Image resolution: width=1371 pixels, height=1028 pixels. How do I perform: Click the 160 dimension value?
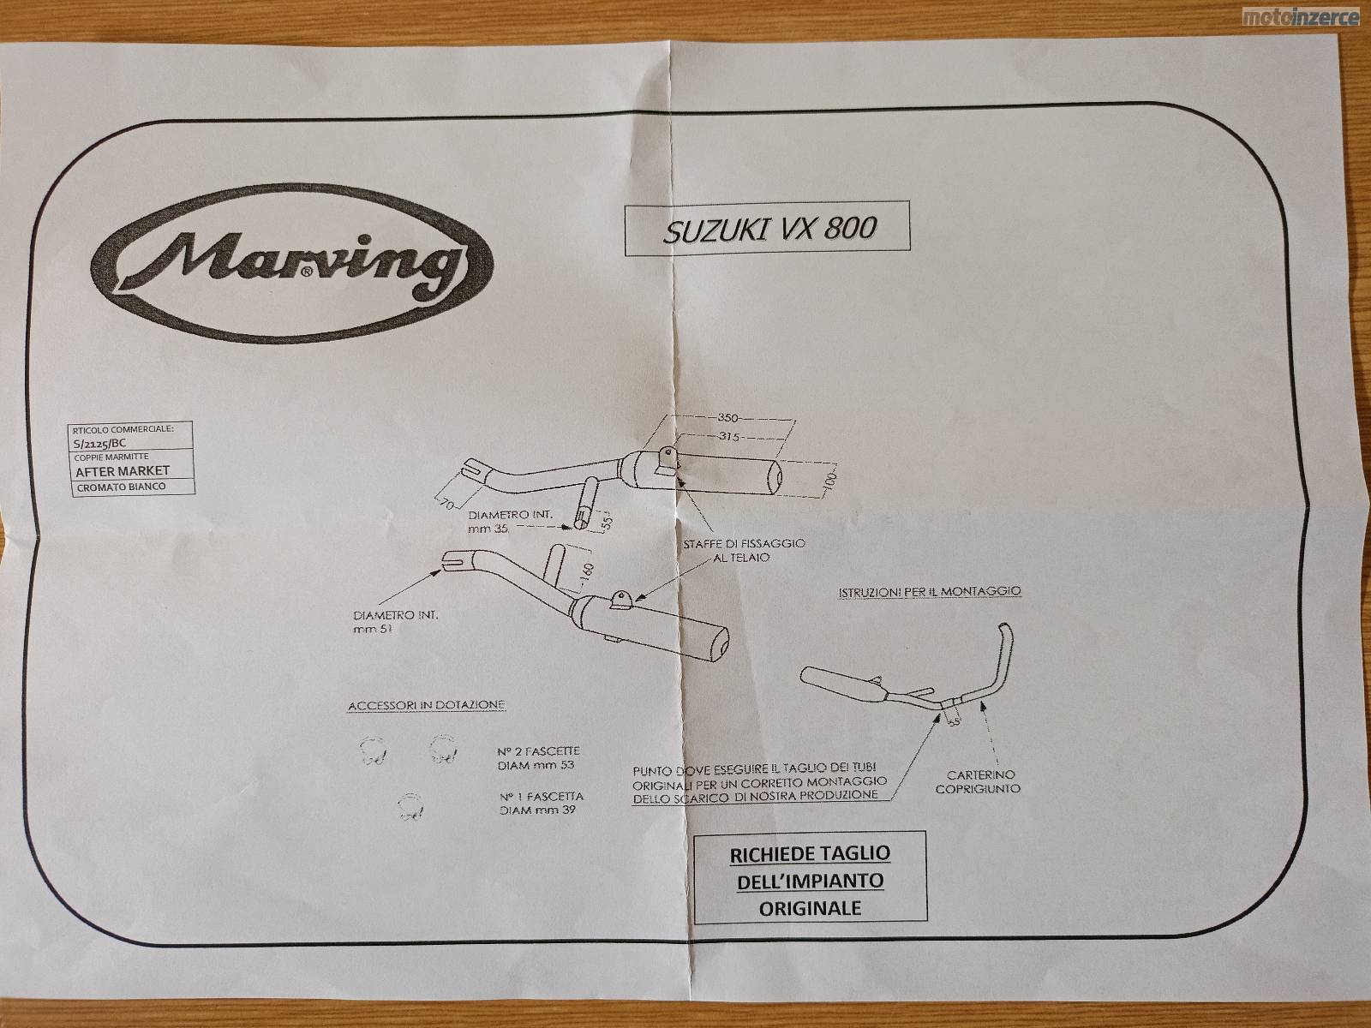[x=588, y=573]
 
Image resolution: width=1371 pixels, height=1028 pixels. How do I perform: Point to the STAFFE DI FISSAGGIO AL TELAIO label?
[x=743, y=550]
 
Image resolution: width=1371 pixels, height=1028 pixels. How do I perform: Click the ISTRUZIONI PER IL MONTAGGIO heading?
[x=929, y=591]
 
